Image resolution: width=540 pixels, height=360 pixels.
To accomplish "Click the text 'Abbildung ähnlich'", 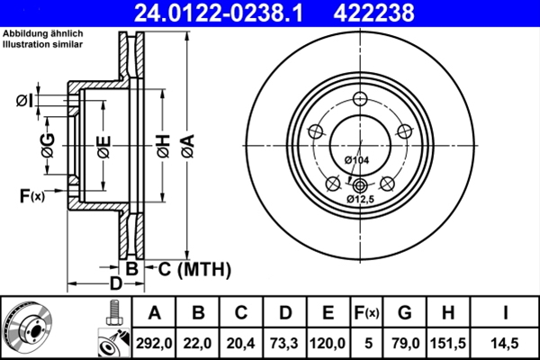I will (42, 33).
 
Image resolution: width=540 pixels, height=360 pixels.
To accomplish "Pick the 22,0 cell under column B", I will (198, 343).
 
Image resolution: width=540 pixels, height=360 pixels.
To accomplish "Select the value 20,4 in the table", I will (241, 343).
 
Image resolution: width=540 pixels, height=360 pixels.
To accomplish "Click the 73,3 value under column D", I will (284, 343).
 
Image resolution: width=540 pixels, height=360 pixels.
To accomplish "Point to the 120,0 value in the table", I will (328, 343).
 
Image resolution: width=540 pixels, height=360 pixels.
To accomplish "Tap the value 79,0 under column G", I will (405, 343).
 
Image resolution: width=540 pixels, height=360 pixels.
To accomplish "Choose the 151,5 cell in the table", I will (449, 343).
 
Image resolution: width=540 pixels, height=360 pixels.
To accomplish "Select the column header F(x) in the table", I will (366, 314).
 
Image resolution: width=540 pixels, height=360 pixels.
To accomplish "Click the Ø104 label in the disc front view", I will (357, 159).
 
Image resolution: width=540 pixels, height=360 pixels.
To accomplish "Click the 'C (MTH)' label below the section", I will (190, 269).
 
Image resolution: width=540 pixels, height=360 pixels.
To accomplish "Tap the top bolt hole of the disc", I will (360, 100).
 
